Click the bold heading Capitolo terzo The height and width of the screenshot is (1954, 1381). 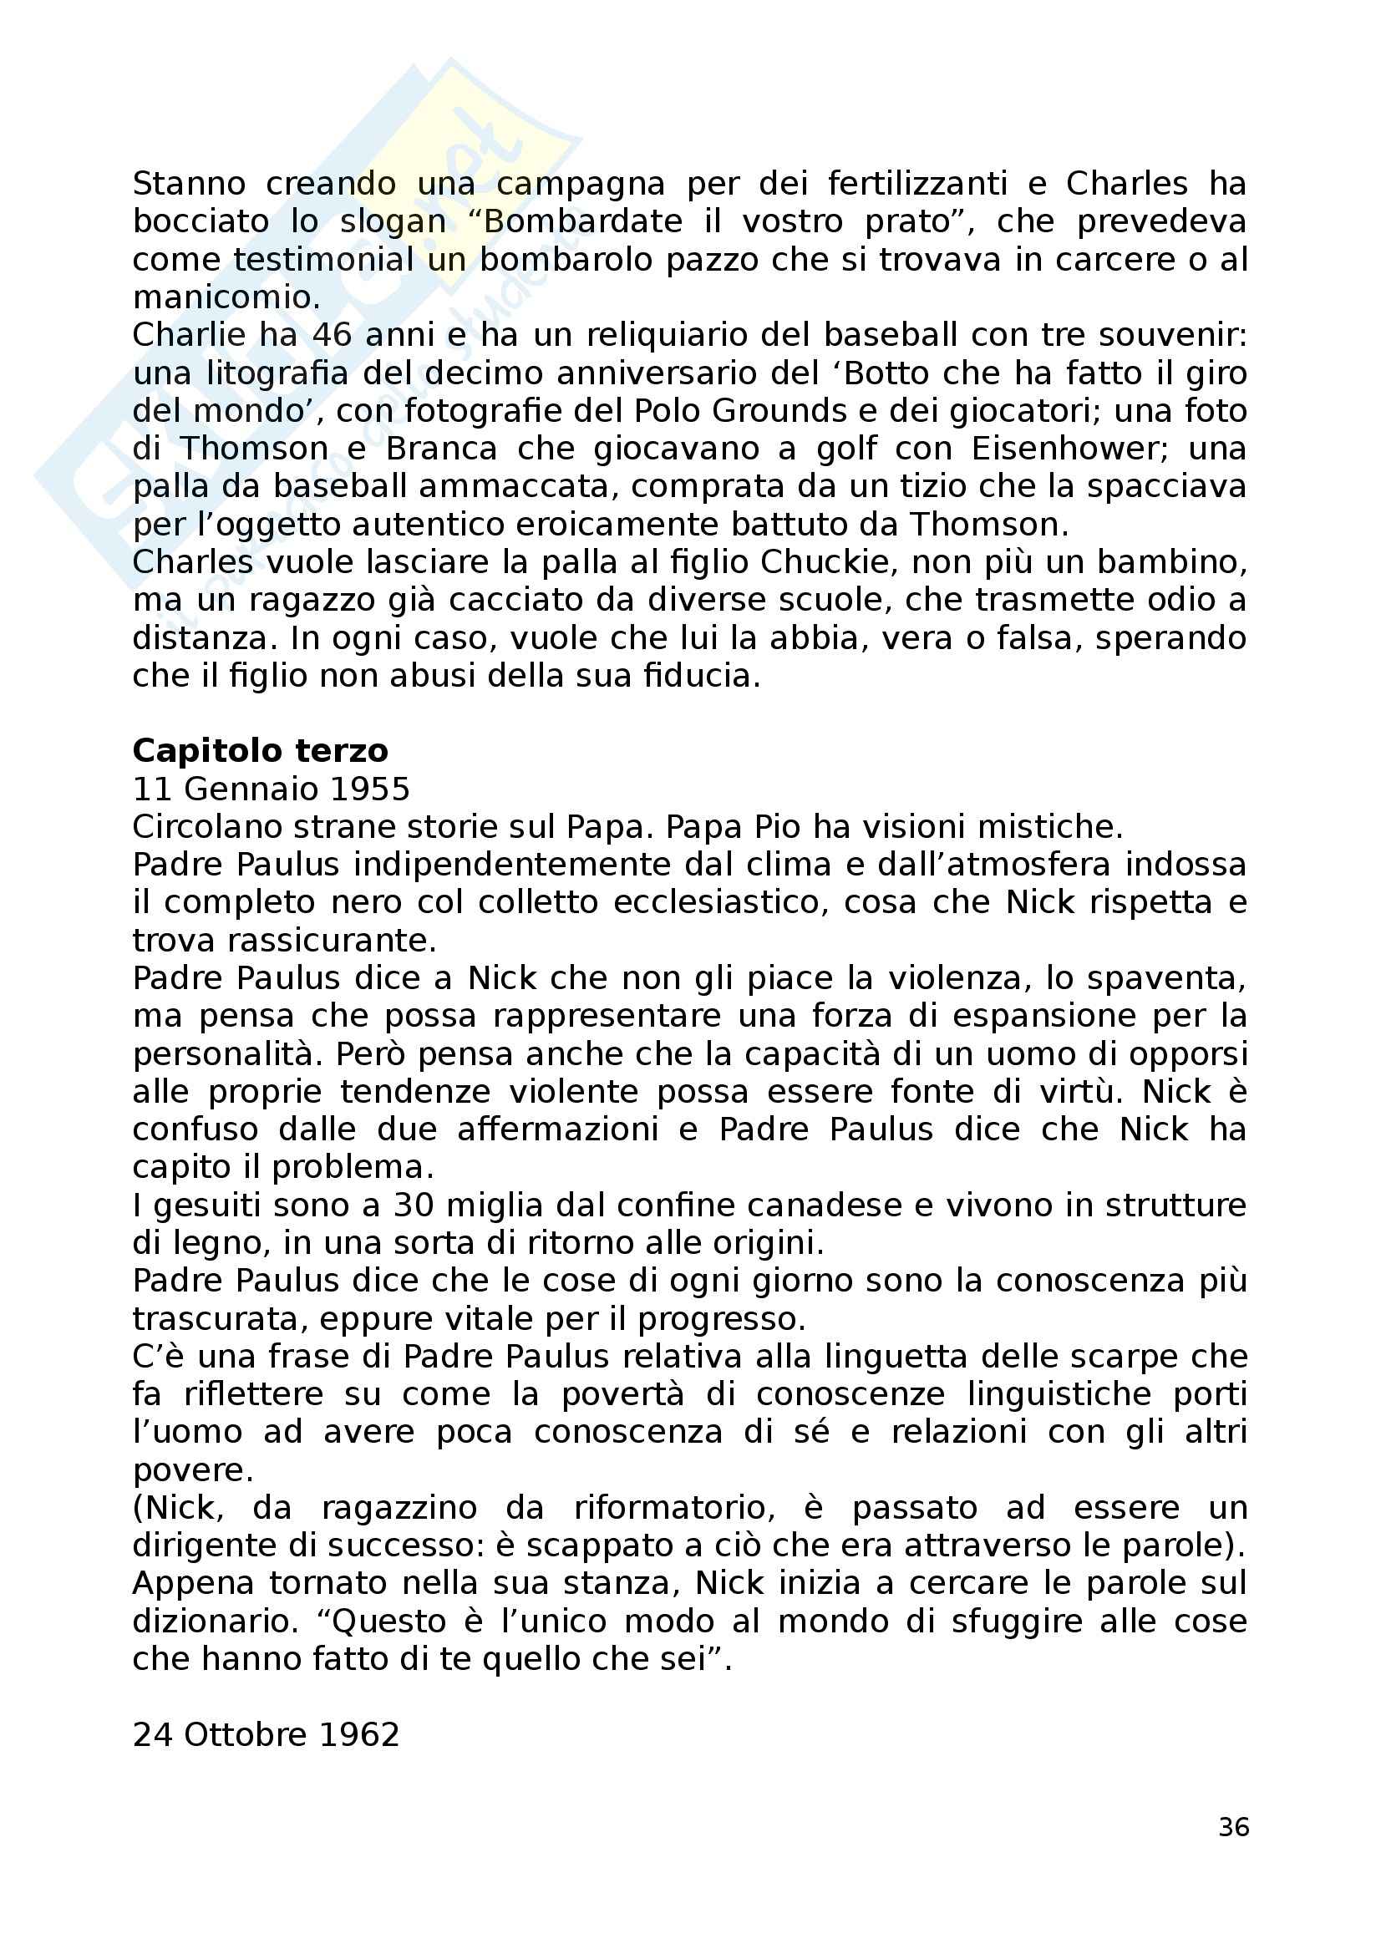point(261,751)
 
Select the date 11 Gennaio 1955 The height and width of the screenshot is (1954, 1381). point(271,789)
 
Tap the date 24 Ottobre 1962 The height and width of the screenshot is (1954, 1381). point(266,1734)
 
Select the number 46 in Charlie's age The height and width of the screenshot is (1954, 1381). point(333,335)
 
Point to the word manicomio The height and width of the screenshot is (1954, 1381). point(226,298)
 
